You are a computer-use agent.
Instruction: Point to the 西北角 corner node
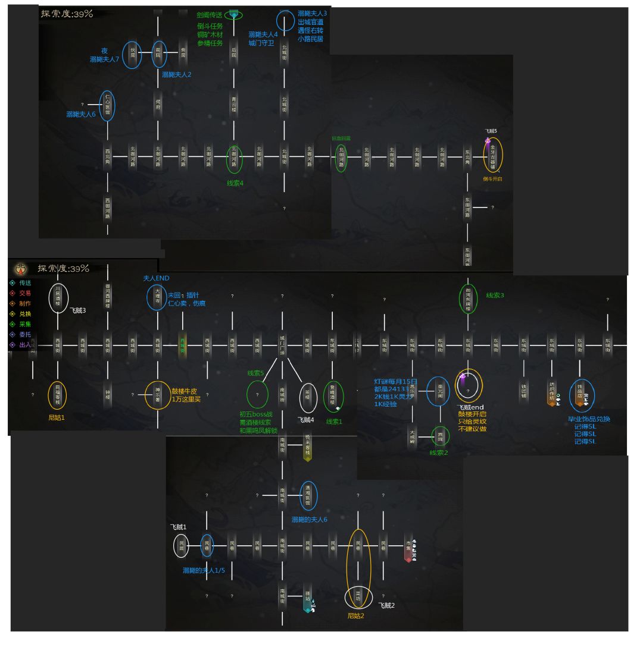tap(108, 157)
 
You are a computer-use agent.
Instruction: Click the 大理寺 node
tap(158, 297)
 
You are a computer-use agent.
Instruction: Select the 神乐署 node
tap(158, 395)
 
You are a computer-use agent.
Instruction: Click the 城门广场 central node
tap(283, 345)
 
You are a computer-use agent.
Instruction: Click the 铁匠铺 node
tap(524, 395)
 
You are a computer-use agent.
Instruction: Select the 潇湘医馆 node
tap(308, 495)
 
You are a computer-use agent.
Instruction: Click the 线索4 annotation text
tap(235, 183)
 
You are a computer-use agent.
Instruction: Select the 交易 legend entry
tap(24, 293)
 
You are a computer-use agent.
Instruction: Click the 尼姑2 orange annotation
tap(355, 615)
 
